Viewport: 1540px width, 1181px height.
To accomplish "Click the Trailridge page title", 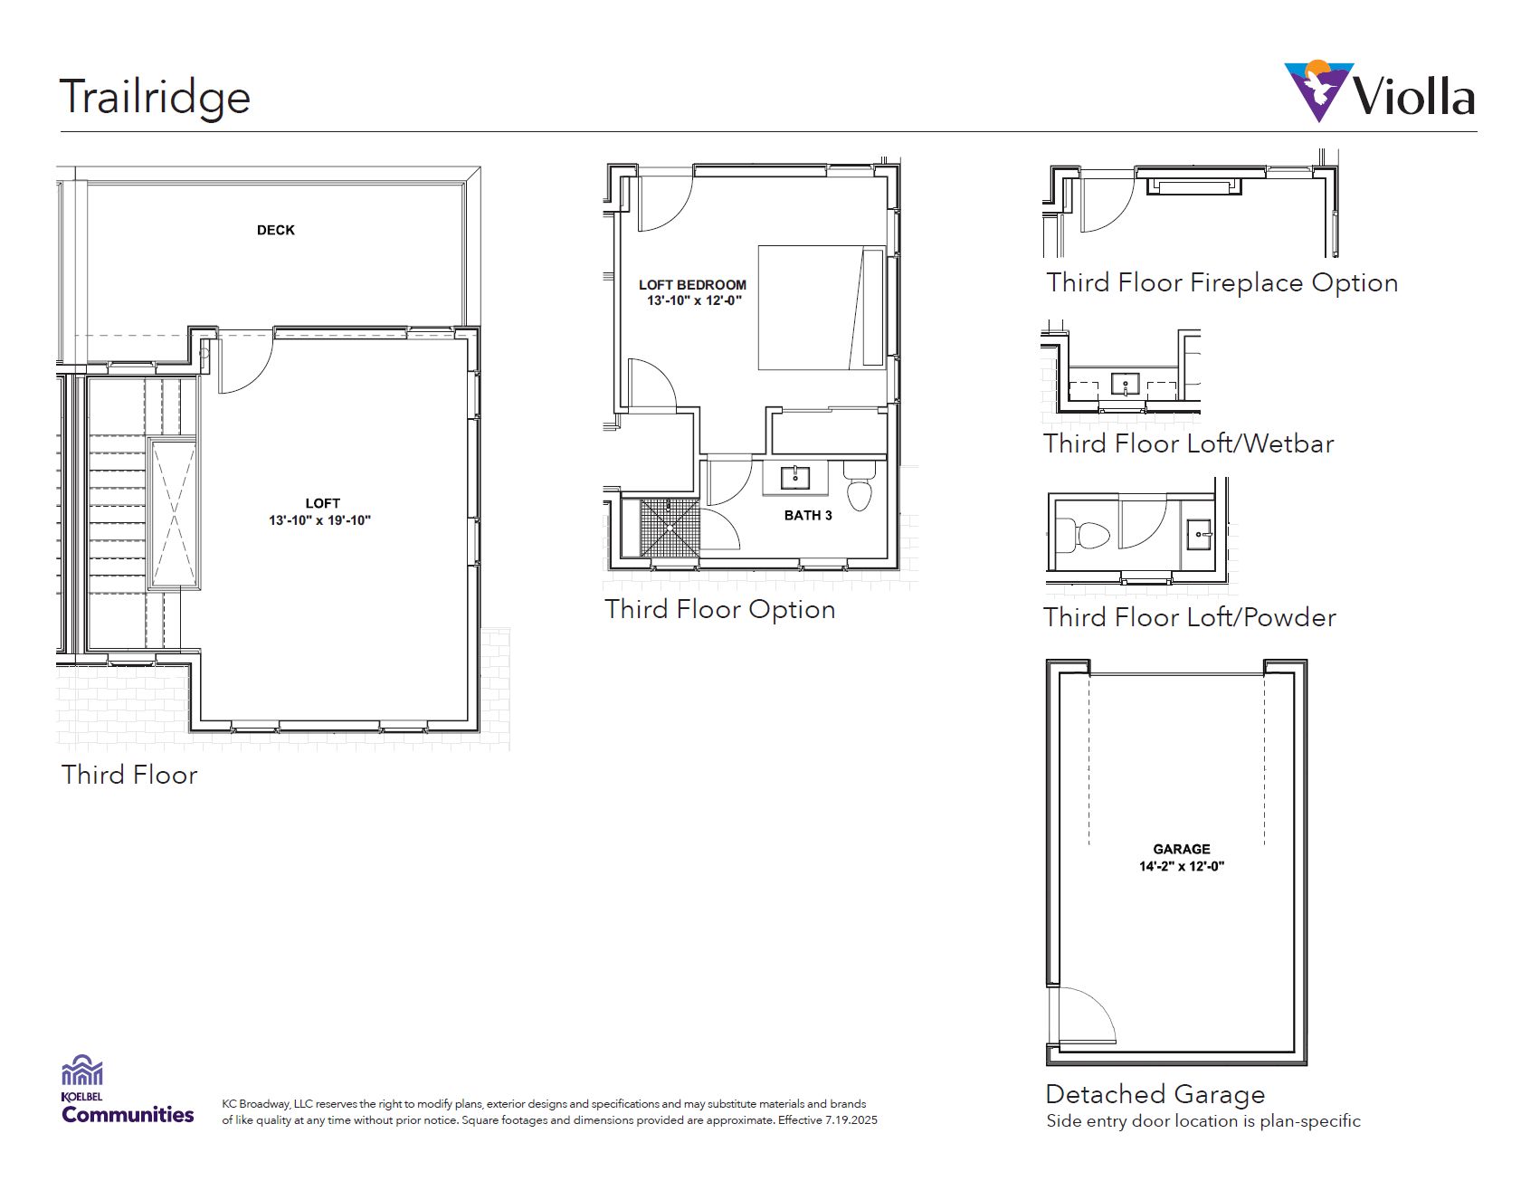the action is tap(155, 98).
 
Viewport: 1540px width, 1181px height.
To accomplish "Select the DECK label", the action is tap(276, 230).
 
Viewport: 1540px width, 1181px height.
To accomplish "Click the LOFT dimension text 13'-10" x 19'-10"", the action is tap(320, 520).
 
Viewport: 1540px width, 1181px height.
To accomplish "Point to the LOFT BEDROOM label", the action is tap(693, 284).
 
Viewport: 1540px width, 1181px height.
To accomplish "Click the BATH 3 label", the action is tap(808, 515).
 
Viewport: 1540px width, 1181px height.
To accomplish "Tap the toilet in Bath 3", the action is tap(860, 485).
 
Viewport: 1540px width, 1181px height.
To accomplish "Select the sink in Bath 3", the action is tap(795, 477).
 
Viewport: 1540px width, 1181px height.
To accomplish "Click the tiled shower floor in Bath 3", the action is tap(670, 528).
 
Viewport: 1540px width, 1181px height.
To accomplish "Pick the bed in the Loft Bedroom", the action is tap(822, 308).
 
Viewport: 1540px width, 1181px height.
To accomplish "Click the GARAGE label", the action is tap(1182, 849).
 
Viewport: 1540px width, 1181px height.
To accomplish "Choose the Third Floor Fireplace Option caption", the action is tap(1222, 282).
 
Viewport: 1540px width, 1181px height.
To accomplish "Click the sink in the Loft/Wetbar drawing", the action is tap(1126, 384).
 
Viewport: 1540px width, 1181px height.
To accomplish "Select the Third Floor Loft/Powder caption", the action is tap(1190, 617).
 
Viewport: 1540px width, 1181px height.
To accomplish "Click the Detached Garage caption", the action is tap(1155, 1094).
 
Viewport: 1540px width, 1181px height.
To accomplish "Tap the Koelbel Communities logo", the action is tap(127, 1090).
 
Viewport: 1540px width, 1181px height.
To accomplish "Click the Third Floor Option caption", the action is tap(720, 609).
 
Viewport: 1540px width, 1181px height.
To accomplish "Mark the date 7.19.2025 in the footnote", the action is tap(851, 1120).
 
